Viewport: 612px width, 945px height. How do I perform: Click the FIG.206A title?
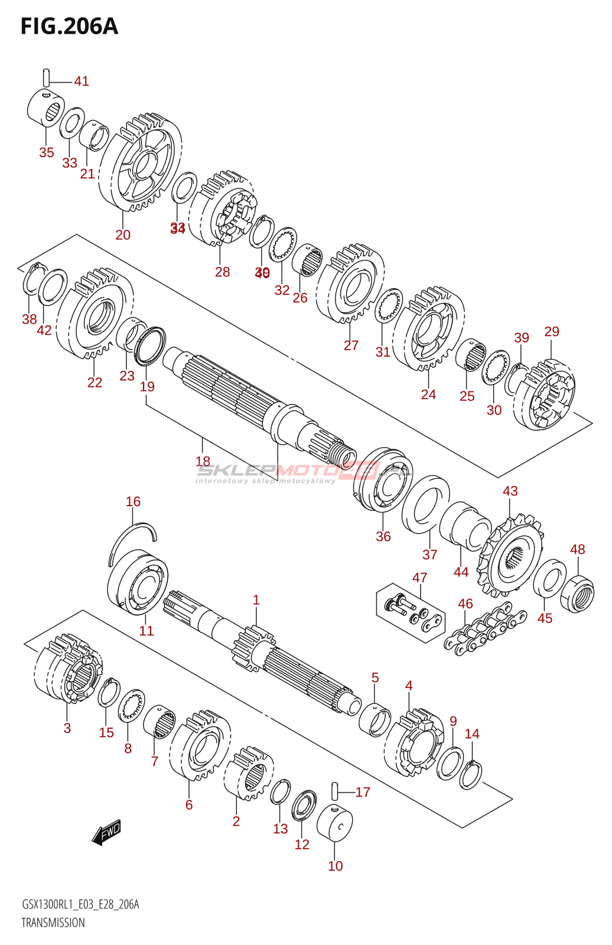[x=69, y=27]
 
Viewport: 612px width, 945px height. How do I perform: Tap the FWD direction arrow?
[x=107, y=832]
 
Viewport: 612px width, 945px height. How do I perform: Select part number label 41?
[x=82, y=81]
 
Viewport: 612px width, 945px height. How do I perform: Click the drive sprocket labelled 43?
[x=512, y=555]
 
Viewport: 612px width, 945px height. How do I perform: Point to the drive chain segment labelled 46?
[x=484, y=630]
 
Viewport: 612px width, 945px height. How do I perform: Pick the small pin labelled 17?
[x=334, y=789]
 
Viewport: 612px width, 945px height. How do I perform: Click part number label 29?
[x=551, y=331]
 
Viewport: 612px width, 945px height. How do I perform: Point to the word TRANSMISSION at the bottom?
[x=53, y=923]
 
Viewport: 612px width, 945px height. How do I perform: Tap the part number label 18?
[x=202, y=461]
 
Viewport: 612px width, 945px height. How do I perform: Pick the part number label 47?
[x=419, y=577]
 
